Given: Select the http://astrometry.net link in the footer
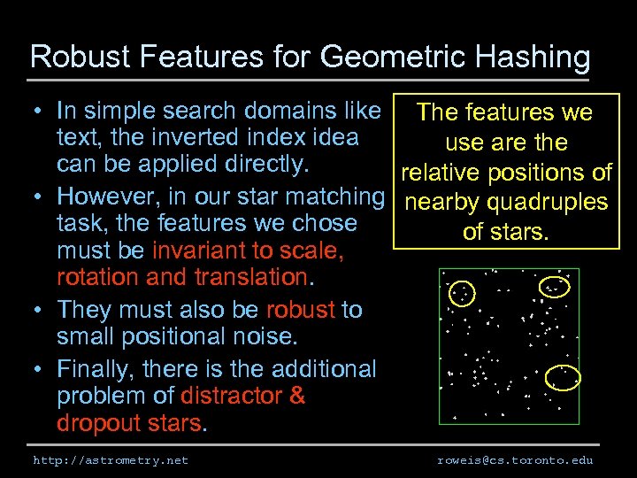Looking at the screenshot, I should tap(111, 460).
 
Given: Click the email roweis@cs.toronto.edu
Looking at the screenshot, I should tap(515, 460).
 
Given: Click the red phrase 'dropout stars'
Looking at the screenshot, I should tap(129, 423).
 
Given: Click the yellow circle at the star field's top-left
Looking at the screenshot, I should tap(462, 292).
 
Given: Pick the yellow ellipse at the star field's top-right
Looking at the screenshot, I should tap(556, 288).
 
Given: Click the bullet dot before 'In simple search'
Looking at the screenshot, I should tap(41, 112).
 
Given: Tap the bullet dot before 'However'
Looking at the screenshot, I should tap(41, 197).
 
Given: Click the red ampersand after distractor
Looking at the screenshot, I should tap(296, 396).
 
